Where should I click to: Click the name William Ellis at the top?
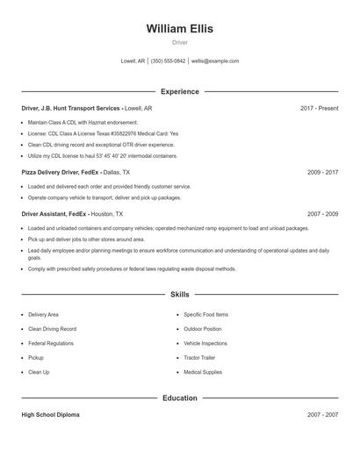pyautogui.click(x=179, y=29)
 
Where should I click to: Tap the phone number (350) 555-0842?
pyautogui.click(x=168, y=61)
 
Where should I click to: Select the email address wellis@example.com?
pyautogui.click(x=215, y=61)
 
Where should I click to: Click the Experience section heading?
pyautogui.click(x=179, y=91)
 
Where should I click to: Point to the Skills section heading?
pyautogui.click(x=179, y=295)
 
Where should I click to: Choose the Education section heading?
pyautogui.click(x=179, y=397)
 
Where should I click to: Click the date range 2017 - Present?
pyautogui.click(x=319, y=108)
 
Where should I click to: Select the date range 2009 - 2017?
pyautogui.click(x=322, y=173)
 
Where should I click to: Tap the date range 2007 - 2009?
pyautogui.click(x=322, y=214)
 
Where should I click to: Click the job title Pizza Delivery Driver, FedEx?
pyautogui.click(x=61, y=173)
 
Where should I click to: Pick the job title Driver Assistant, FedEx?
pyautogui.click(x=54, y=214)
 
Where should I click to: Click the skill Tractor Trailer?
pyautogui.click(x=199, y=358)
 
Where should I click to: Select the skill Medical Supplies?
pyautogui.click(x=202, y=372)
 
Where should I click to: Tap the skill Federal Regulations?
pyautogui.click(x=51, y=343)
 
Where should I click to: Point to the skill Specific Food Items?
pyautogui.click(x=205, y=314)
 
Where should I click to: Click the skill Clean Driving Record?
pyautogui.click(x=52, y=329)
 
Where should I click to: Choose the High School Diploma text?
pyautogui.click(x=50, y=415)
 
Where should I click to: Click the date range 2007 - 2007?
pyautogui.click(x=322, y=415)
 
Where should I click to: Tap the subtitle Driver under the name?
pyautogui.click(x=179, y=42)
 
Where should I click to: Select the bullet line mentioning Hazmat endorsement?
pyautogui.click(x=83, y=122)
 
